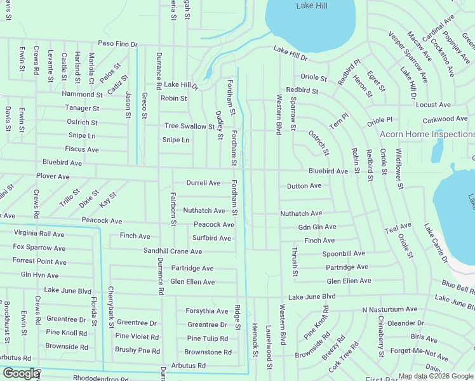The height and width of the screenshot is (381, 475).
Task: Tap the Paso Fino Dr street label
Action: tap(117, 44)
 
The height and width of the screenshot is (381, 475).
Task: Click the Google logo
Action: tap(21, 373)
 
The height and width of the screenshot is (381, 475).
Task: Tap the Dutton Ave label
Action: tap(304, 186)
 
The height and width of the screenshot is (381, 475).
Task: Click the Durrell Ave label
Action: tap(203, 183)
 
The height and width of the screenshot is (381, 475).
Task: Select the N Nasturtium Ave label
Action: tap(390, 309)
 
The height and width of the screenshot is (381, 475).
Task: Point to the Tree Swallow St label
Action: tap(190, 126)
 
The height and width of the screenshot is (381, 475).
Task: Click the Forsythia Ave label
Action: tap(206, 311)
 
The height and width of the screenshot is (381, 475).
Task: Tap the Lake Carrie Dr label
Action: tap(436, 243)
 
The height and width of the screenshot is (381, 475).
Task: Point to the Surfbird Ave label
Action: tap(211, 238)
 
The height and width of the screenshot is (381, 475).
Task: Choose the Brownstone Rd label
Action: tap(208, 352)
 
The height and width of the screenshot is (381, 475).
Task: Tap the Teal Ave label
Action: tap(398, 225)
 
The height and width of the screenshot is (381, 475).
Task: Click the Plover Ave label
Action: tap(53, 176)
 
